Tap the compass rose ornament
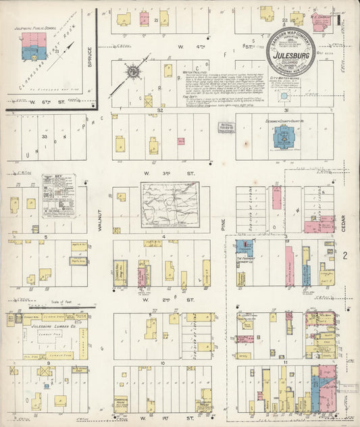pyautogui.click(x=133, y=71)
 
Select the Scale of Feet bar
pyautogui.click(x=45, y=305)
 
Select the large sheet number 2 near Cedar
pyautogui.click(x=344, y=255)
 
